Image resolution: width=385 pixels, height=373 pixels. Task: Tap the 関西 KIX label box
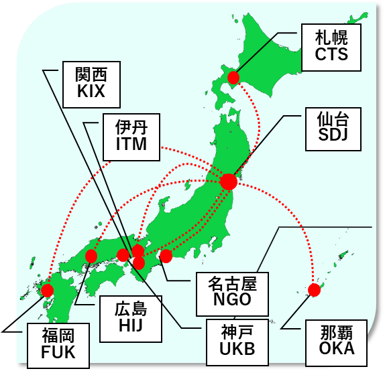[x=91, y=84]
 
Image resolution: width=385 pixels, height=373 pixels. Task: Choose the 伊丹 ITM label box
[x=131, y=137]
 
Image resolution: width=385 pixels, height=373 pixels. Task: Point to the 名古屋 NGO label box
[x=232, y=293]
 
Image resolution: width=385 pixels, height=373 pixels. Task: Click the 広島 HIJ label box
[x=130, y=318]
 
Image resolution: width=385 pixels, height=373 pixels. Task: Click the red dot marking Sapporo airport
[x=233, y=78]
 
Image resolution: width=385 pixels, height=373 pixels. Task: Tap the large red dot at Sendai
[x=229, y=181]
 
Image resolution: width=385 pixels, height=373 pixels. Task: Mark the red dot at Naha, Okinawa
[x=314, y=290]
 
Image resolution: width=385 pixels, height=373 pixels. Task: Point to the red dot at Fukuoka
[x=47, y=290]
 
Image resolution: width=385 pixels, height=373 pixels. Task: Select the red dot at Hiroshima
[x=91, y=256]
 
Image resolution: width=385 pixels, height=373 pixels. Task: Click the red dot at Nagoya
[x=166, y=255]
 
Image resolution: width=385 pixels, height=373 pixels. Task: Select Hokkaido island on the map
[x=268, y=60]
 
